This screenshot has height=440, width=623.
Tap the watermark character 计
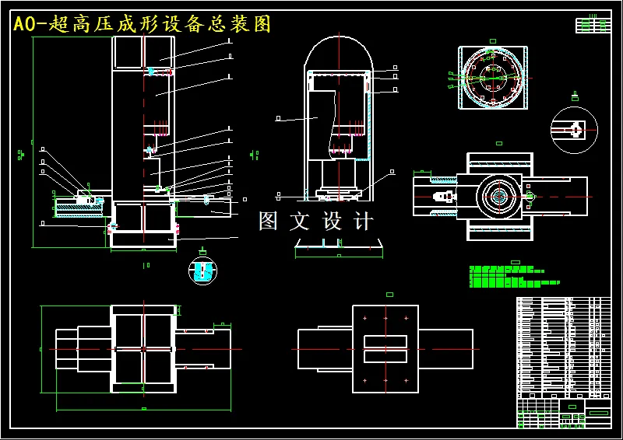(x=364, y=222)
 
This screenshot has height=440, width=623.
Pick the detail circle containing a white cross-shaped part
(x=574, y=129)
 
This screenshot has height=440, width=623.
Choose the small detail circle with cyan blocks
(x=203, y=270)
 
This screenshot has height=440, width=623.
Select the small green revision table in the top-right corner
(x=593, y=25)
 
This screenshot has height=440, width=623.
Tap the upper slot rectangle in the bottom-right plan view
(x=385, y=342)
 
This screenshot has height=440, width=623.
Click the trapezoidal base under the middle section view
(x=339, y=246)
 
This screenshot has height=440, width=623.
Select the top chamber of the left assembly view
(x=144, y=52)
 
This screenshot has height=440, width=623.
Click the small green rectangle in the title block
(x=572, y=407)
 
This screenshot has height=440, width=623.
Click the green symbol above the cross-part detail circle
(x=575, y=97)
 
